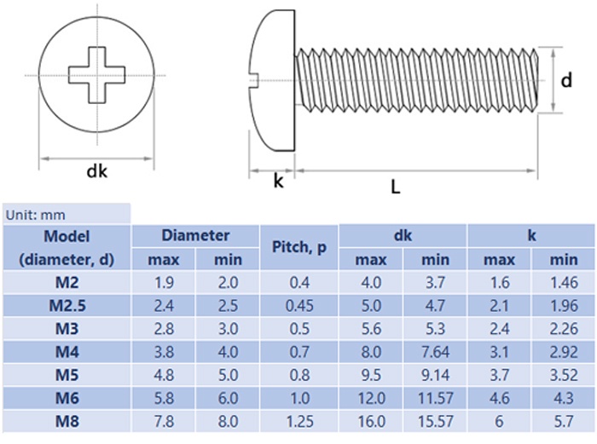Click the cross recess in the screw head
(96, 75)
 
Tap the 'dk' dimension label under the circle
(96, 171)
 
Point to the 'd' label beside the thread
(566, 80)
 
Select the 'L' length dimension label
(396, 187)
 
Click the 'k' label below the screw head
(278, 181)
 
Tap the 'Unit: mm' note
(36, 216)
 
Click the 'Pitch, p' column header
(299, 247)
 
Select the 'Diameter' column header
(195, 235)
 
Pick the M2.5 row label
(67, 306)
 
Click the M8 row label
(67, 422)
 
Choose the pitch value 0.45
(299, 306)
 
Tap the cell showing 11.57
(436, 398)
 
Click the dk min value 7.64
(436, 352)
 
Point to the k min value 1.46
(565, 283)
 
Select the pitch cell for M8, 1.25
(299, 422)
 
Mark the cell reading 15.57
(436, 422)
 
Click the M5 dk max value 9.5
(371, 375)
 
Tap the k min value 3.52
(565, 375)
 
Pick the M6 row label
(67, 398)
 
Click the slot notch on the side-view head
(253, 80)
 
